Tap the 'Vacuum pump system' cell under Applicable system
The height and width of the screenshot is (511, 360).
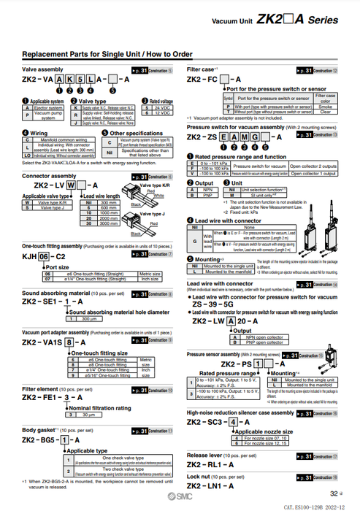pos(47,115)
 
